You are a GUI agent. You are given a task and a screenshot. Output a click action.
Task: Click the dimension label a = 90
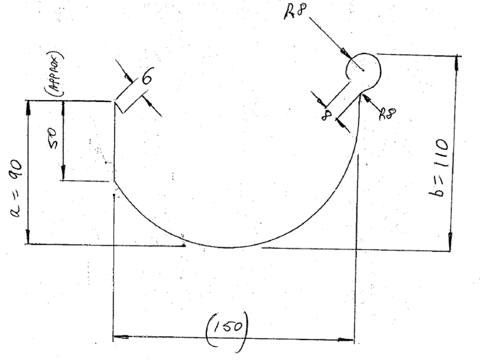pyautogui.click(x=17, y=188)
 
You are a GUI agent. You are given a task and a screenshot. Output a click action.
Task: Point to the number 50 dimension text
pyautogui.click(x=53, y=138)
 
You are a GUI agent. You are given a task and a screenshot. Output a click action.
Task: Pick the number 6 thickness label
pyautogui.click(x=147, y=76)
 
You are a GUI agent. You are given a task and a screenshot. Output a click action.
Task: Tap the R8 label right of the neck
pyautogui.click(x=387, y=113)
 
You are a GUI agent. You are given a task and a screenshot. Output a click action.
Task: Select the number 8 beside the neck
pyautogui.click(x=326, y=115)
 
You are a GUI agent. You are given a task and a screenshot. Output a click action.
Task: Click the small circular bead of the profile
pyautogui.click(x=364, y=71)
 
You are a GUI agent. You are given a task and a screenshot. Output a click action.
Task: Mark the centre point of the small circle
pyautogui.click(x=364, y=70)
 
